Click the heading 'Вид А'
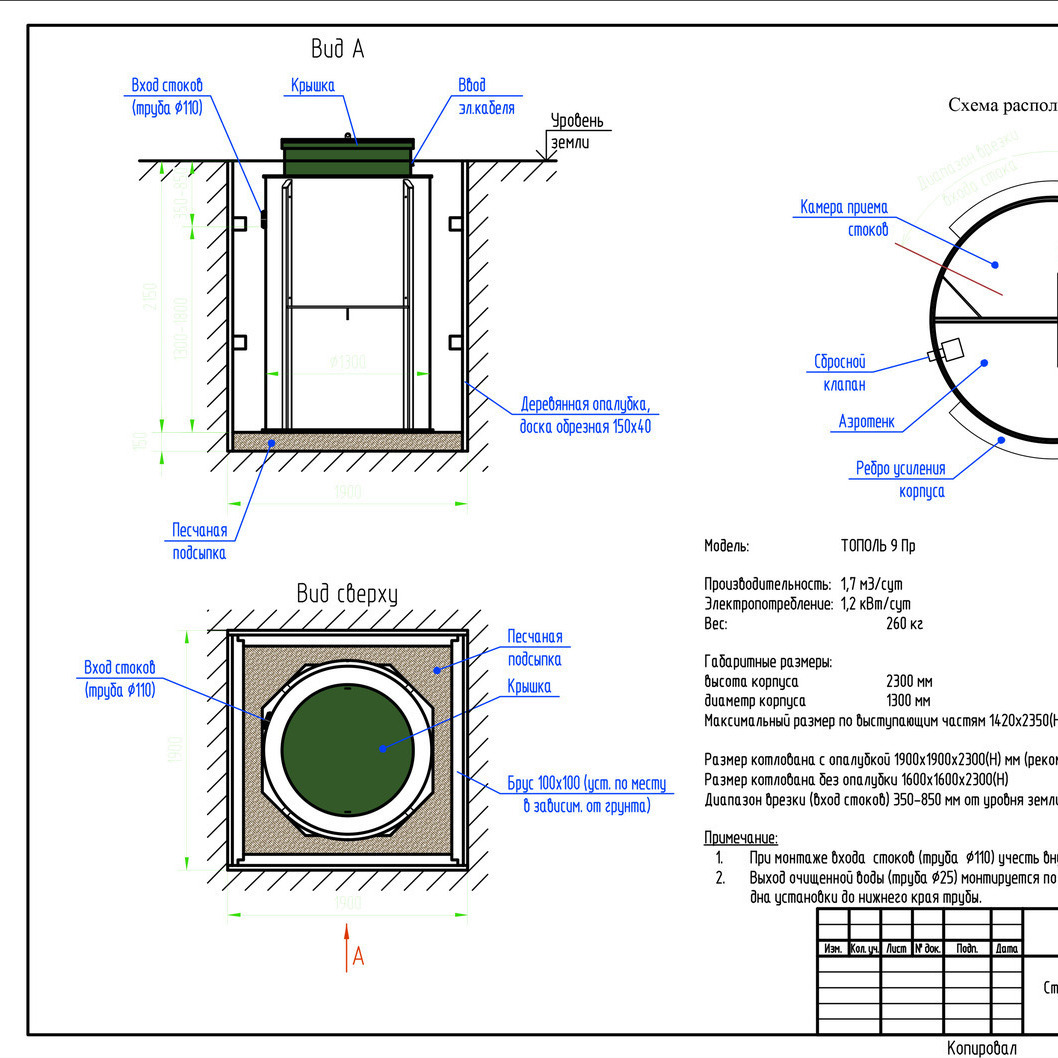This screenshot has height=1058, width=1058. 337,49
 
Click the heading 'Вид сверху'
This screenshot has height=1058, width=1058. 347,594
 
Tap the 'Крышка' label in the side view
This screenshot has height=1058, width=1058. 313,86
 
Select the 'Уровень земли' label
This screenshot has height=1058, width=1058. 577,131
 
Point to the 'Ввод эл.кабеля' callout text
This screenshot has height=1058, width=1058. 486,97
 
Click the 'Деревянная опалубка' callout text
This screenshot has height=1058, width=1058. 585,416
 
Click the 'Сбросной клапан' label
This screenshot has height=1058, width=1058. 839,372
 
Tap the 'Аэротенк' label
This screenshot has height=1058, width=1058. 866,423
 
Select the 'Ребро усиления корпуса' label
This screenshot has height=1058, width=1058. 900,480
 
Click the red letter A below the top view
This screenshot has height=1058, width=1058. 358,957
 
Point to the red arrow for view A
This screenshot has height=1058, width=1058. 346,944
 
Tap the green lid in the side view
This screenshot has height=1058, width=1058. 347,155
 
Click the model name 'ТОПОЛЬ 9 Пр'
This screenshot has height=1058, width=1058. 878,546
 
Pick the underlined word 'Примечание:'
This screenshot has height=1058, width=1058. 741,838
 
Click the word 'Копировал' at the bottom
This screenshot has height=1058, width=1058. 981,1047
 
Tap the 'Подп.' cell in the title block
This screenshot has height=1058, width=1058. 967,948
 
